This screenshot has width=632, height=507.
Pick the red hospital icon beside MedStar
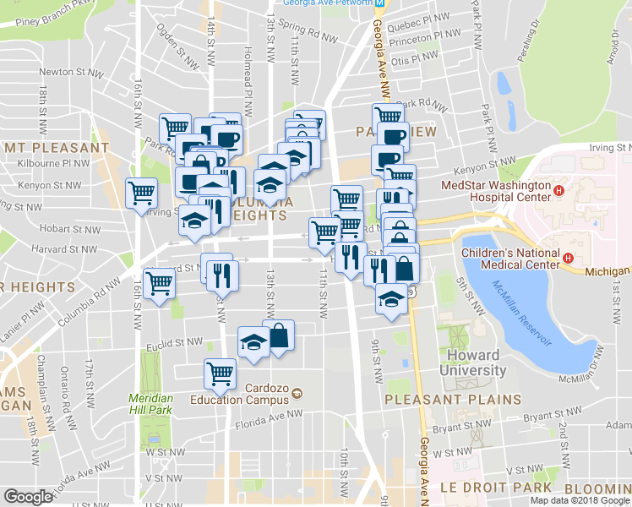point(558,191)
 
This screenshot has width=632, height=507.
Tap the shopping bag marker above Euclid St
point(278,335)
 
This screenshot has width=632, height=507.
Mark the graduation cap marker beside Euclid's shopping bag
point(253,341)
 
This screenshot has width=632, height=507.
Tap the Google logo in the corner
point(28,497)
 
